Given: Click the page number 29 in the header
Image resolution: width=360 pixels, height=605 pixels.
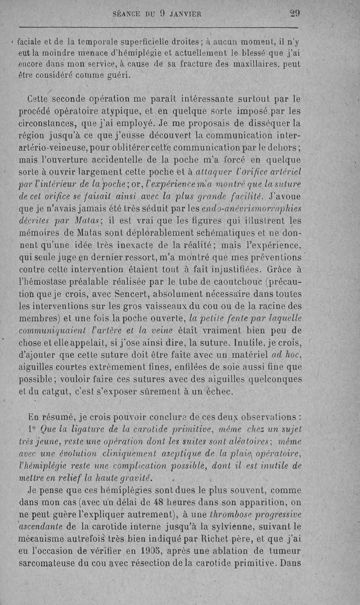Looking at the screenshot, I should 295,14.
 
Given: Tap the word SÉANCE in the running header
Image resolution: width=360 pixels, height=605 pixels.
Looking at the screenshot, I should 126,14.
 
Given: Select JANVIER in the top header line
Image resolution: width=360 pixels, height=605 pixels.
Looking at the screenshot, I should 184,14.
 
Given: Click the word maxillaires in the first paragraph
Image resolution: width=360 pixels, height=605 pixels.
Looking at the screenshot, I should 257,64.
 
